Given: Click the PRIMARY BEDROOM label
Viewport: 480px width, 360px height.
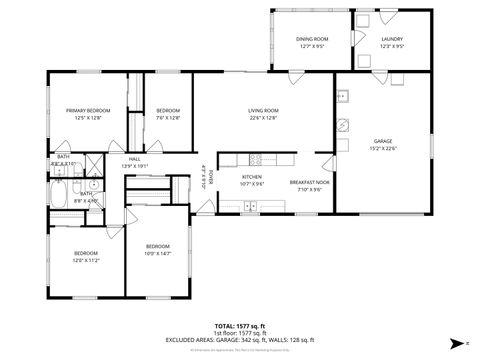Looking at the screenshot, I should pyautogui.click(x=88, y=110).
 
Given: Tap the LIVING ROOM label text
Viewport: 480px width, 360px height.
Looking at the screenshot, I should pyautogui.click(x=263, y=110).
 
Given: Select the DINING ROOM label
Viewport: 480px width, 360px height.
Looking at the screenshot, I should pyautogui.click(x=313, y=39).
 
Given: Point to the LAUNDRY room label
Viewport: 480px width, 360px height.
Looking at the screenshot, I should pyautogui.click(x=392, y=39).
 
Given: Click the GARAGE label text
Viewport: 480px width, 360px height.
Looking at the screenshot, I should pyautogui.click(x=383, y=141).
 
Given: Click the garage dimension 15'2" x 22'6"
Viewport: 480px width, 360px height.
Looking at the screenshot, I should pyautogui.click(x=383, y=148).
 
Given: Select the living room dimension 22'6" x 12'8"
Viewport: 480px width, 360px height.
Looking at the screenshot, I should pyautogui.click(x=263, y=117).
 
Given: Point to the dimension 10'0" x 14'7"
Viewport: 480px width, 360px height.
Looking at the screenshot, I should pyautogui.click(x=158, y=253).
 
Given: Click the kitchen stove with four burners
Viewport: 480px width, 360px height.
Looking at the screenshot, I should pyautogui.click(x=255, y=158).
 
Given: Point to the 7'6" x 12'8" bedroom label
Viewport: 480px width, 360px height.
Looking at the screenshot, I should pyautogui.click(x=168, y=114).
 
